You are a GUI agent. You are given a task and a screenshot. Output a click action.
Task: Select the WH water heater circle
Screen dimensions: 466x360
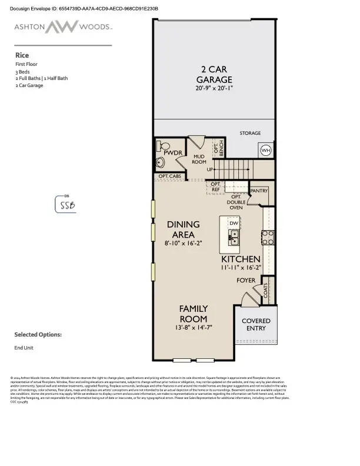(x=266, y=150)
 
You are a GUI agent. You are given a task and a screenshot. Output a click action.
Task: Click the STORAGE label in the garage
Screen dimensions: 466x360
(x=250, y=133)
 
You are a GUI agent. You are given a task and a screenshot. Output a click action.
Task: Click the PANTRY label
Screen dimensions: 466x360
(x=259, y=191)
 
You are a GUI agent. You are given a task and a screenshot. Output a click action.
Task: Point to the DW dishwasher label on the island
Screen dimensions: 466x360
(x=234, y=224)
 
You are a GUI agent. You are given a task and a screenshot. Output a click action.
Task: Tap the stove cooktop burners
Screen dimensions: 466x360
(x=268, y=237)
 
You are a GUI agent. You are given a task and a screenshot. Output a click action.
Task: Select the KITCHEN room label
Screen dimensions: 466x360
(x=241, y=259)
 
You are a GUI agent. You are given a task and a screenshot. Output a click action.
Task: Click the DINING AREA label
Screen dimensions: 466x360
(x=184, y=229)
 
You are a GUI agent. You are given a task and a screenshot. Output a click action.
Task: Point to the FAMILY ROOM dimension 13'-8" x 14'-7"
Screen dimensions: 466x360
(x=194, y=327)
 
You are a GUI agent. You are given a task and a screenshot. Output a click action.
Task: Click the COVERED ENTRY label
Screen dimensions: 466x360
(x=256, y=325)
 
